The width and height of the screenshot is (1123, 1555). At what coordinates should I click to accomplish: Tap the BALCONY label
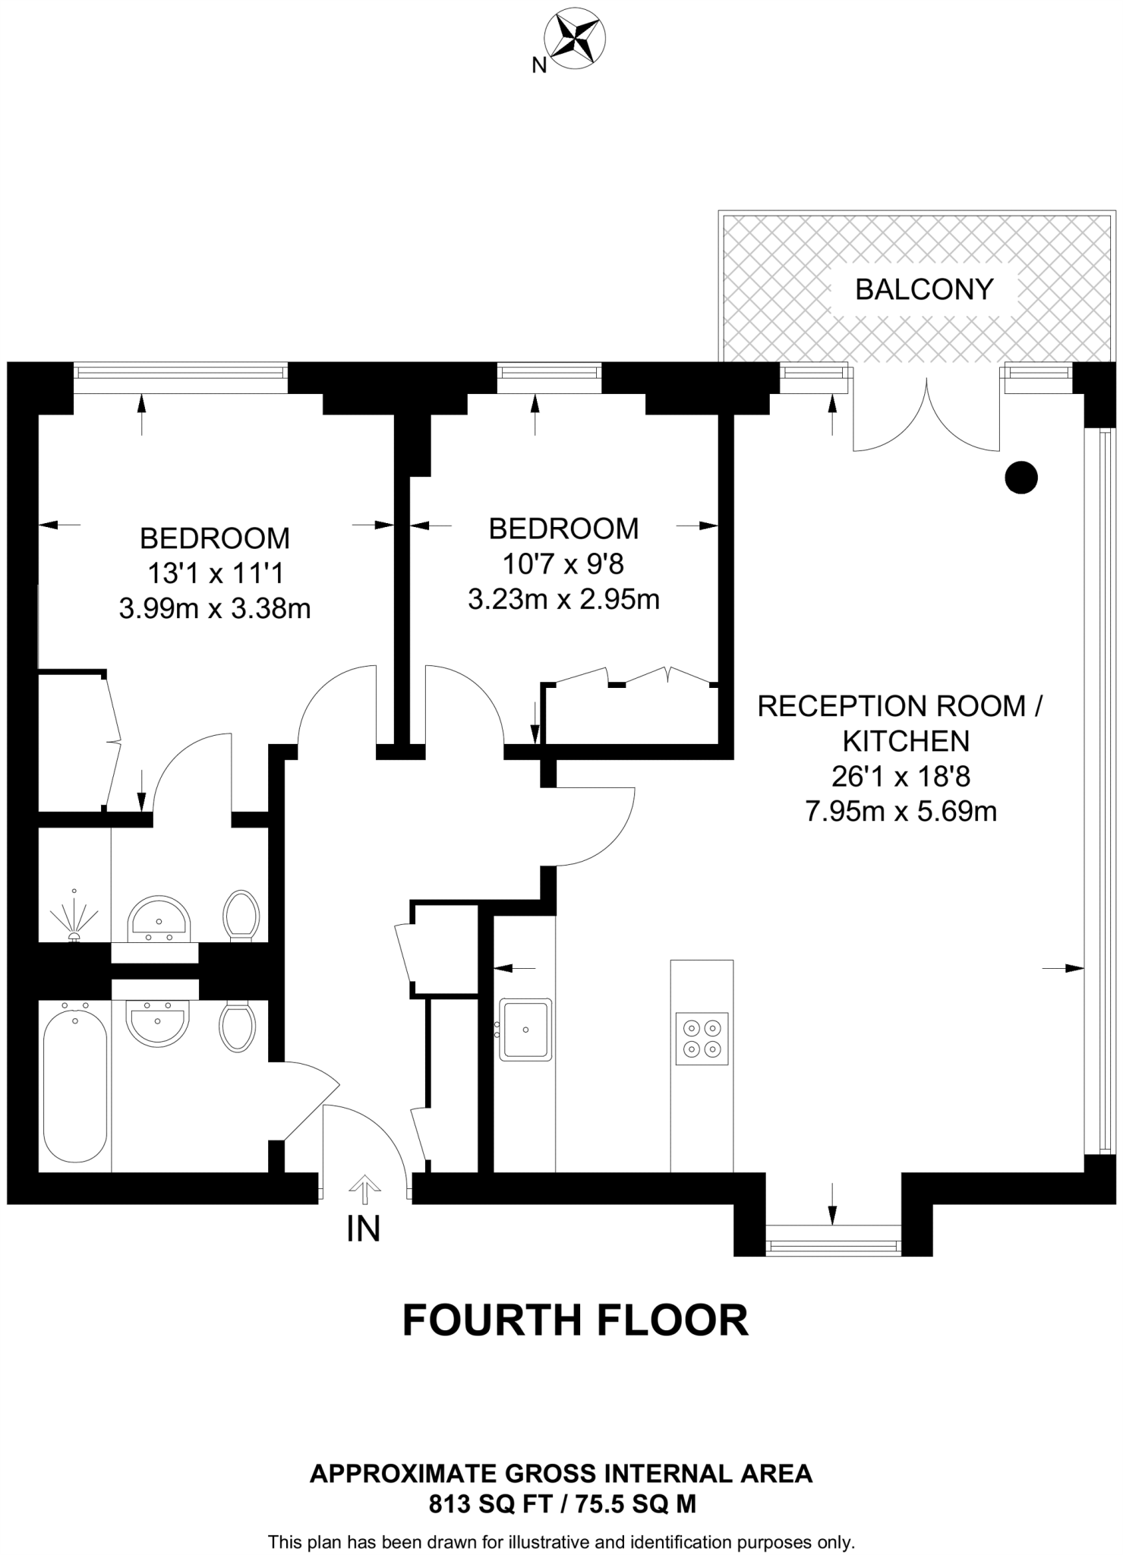pyautogui.click(x=923, y=289)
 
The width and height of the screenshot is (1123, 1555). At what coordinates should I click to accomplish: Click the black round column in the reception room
pyautogui.click(x=1020, y=478)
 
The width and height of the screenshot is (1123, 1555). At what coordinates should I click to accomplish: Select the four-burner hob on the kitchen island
pyautogui.click(x=701, y=1039)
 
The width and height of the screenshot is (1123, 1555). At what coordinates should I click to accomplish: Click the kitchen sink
pyautogui.click(x=525, y=1030)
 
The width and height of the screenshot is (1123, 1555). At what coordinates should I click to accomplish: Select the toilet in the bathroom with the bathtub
pyautogui.click(x=237, y=1027)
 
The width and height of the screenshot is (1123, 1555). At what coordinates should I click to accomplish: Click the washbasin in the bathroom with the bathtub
pyautogui.click(x=156, y=1022)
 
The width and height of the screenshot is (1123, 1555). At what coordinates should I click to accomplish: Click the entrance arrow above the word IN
pyautogui.click(x=364, y=1190)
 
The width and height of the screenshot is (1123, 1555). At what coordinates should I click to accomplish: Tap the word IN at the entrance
pyautogui.click(x=363, y=1229)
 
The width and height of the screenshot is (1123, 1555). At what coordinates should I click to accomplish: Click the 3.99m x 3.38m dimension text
pyautogui.click(x=215, y=609)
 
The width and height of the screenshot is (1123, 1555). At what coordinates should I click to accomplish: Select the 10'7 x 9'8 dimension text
pyautogui.click(x=563, y=564)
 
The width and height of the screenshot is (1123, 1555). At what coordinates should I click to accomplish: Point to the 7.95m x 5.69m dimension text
pyautogui.click(x=901, y=812)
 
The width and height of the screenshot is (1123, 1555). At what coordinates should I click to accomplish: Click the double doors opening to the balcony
pyautogui.click(x=926, y=414)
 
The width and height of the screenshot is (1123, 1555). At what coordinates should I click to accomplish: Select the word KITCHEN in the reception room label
pyautogui.click(x=906, y=741)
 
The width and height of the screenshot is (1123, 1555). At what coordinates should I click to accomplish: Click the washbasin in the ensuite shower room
pyautogui.click(x=158, y=918)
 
